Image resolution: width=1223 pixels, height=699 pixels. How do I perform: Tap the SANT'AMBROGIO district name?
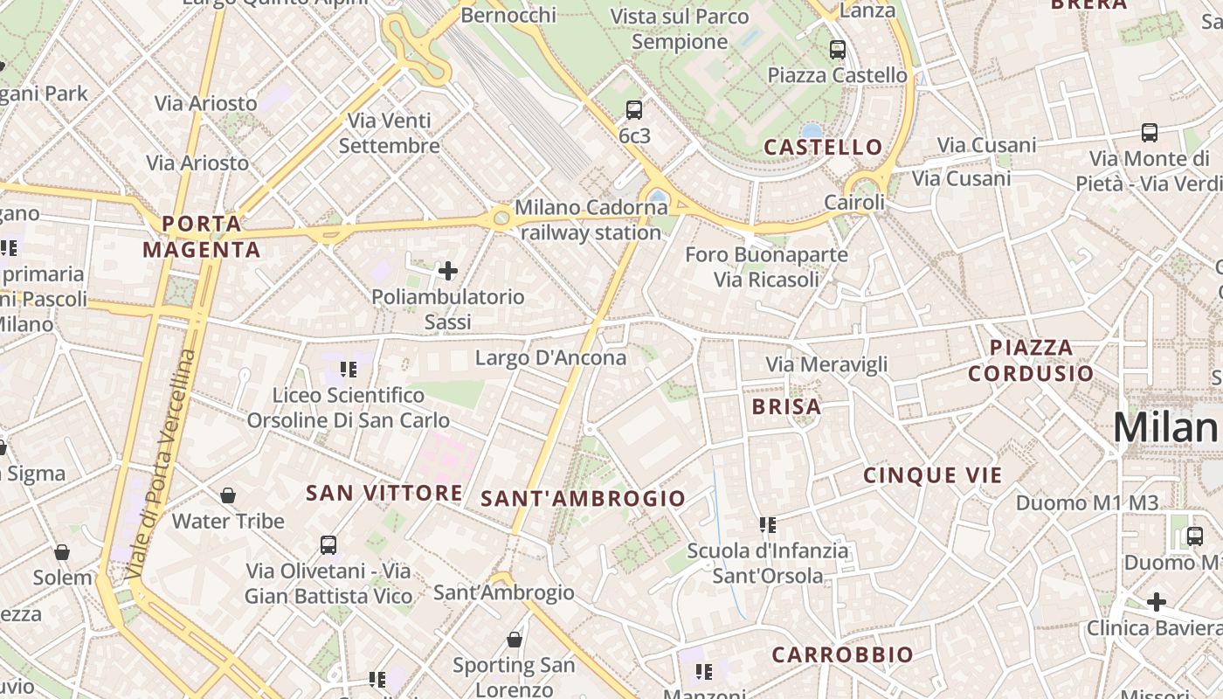tap(584, 499)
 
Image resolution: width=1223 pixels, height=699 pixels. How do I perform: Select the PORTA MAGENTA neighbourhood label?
tap(202, 237)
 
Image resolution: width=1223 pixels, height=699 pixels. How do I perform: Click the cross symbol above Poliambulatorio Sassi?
tap(448, 271)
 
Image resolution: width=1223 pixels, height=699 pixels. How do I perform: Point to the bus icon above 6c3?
tap(634, 110)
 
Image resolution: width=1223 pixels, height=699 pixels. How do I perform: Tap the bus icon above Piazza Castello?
tap(838, 49)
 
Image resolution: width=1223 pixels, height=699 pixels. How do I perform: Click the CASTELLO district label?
tap(823, 147)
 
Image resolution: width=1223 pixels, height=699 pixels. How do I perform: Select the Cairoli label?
tap(854, 203)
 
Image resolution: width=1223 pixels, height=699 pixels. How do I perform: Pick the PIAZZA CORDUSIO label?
tap(1031, 360)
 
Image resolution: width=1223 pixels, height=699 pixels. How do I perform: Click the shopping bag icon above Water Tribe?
tap(228, 495)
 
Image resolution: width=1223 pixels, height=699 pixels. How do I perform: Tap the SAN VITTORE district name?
tap(384, 493)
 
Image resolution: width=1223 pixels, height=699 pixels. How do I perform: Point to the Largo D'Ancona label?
tap(550, 357)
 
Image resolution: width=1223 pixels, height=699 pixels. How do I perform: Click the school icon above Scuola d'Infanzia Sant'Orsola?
tap(768, 525)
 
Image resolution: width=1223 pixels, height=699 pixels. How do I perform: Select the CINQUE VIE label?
tap(933, 475)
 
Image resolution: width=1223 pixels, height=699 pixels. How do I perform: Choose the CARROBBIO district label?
tap(842, 654)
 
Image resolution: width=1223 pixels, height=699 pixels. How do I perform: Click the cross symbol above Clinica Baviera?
tap(1157, 602)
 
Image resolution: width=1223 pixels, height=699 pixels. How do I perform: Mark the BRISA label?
tap(786, 406)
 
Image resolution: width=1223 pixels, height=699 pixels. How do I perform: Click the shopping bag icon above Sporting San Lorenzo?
tap(515, 640)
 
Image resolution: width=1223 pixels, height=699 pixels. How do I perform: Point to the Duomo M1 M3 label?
tap(1087, 502)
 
